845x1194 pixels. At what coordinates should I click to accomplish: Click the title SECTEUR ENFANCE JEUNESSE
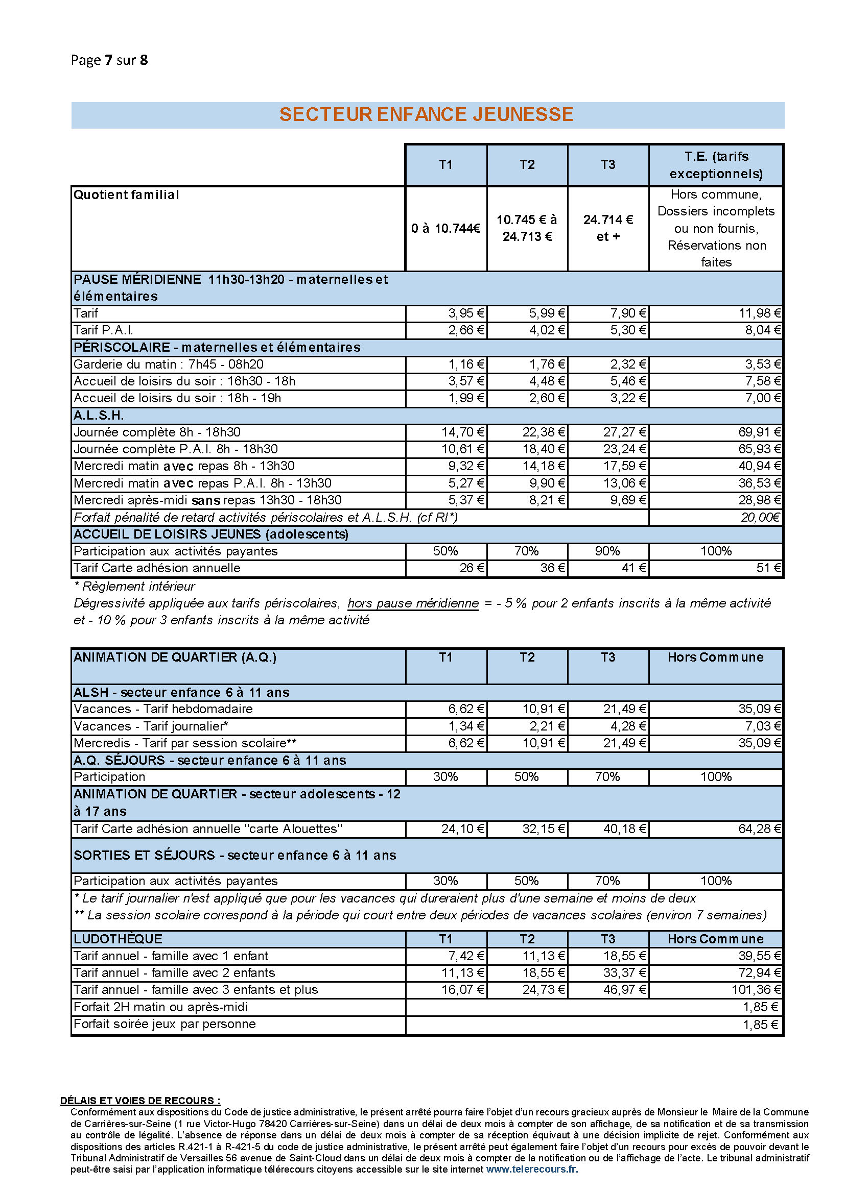coord(426,114)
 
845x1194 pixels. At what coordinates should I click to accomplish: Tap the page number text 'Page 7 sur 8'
coord(109,60)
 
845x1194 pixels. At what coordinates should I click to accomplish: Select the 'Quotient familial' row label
coord(126,195)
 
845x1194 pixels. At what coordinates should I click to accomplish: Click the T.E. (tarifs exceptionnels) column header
coord(716,165)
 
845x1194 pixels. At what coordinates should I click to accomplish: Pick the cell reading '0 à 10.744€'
coord(446,228)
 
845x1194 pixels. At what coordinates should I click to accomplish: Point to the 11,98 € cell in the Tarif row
coord(760,313)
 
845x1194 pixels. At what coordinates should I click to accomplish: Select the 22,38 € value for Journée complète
coord(543,432)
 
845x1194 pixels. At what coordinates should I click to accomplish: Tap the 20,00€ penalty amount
coord(760,518)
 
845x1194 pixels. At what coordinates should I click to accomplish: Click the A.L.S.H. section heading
coord(99,416)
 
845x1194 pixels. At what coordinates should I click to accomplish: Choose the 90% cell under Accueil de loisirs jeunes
coord(607,551)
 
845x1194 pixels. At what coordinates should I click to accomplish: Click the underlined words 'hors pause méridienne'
coord(413,603)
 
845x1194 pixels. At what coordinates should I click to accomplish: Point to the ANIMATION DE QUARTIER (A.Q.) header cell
coord(175,657)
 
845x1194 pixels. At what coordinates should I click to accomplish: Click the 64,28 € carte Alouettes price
coord(760,829)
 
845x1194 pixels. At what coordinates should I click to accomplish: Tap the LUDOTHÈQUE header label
coord(118,939)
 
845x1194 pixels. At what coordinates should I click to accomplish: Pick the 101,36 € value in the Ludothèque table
coord(756,990)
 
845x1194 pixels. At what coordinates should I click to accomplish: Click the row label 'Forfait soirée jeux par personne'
coord(165,1024)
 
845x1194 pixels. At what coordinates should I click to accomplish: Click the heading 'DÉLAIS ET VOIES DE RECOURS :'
coord(140,1101)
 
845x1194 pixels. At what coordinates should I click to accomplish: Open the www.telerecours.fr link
coord(532,1169)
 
